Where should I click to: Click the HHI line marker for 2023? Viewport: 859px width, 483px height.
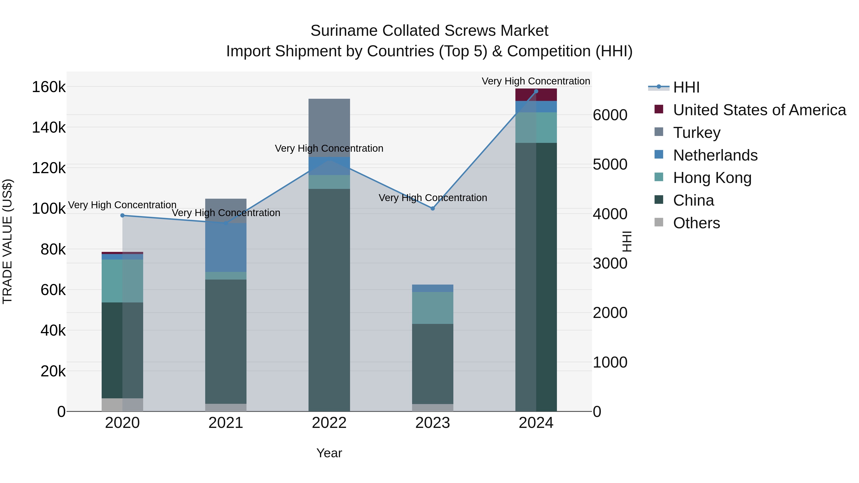[x=433, y=208]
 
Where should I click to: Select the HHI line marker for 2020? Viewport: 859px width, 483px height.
[x=122, y=215]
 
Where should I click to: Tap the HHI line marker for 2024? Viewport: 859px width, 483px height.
[x=536, y=91]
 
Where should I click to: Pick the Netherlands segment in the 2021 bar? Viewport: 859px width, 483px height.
[x=226, y=247]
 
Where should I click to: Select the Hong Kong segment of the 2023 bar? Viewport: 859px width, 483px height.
[x=433, y=308]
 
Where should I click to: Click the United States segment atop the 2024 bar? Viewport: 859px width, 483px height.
[x=536, y=95]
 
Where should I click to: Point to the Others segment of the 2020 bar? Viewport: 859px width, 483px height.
[x=122, y=405]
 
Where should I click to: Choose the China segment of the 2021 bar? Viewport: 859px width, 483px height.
[x=226, y=341]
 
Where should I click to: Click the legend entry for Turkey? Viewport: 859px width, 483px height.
[x=697, y=132]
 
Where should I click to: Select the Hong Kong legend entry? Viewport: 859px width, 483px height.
[x=712, y=178]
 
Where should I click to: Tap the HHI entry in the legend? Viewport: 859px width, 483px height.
[x=686, y=87]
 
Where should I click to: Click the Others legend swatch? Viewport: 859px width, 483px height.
[x=659, y=222]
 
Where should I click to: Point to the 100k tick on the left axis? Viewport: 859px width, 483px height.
[x=49, y=209]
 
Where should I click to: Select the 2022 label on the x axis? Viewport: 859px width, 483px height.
[x=329, y=423]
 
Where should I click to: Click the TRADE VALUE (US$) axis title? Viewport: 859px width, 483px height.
[x=7, y=241]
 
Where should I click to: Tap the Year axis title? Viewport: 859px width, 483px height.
[x=329, y=453]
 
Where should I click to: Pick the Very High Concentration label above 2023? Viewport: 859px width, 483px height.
[x=433, y=198]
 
